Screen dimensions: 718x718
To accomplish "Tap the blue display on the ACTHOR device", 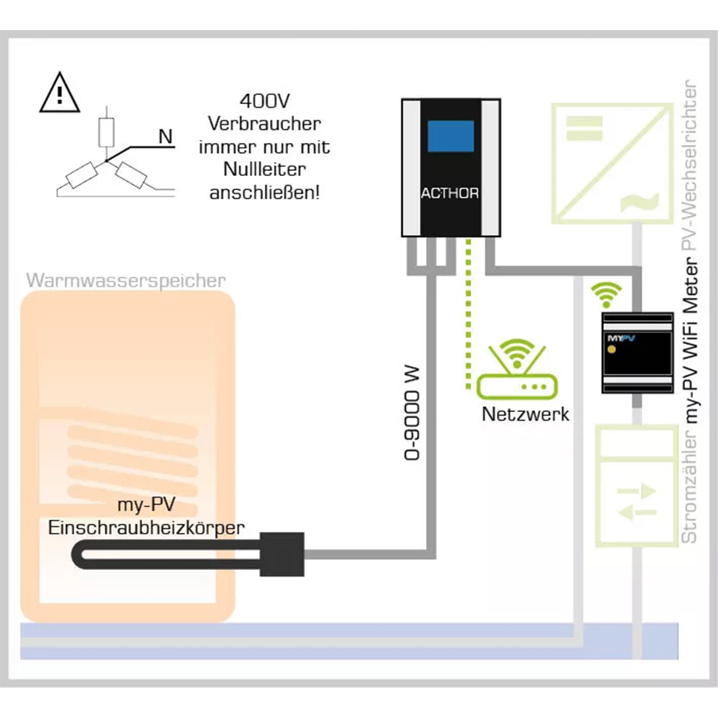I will pos(450,136).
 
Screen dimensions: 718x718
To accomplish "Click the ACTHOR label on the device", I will pos(449,194).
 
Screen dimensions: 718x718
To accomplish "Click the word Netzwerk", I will pos(526,414).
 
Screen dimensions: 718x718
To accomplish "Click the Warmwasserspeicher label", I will pos(126,280).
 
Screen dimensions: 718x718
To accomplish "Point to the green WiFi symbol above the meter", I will pos(607,294).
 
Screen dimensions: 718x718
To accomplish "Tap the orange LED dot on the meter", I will pos(611,350).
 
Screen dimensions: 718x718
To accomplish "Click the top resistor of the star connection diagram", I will pos(107,133).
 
